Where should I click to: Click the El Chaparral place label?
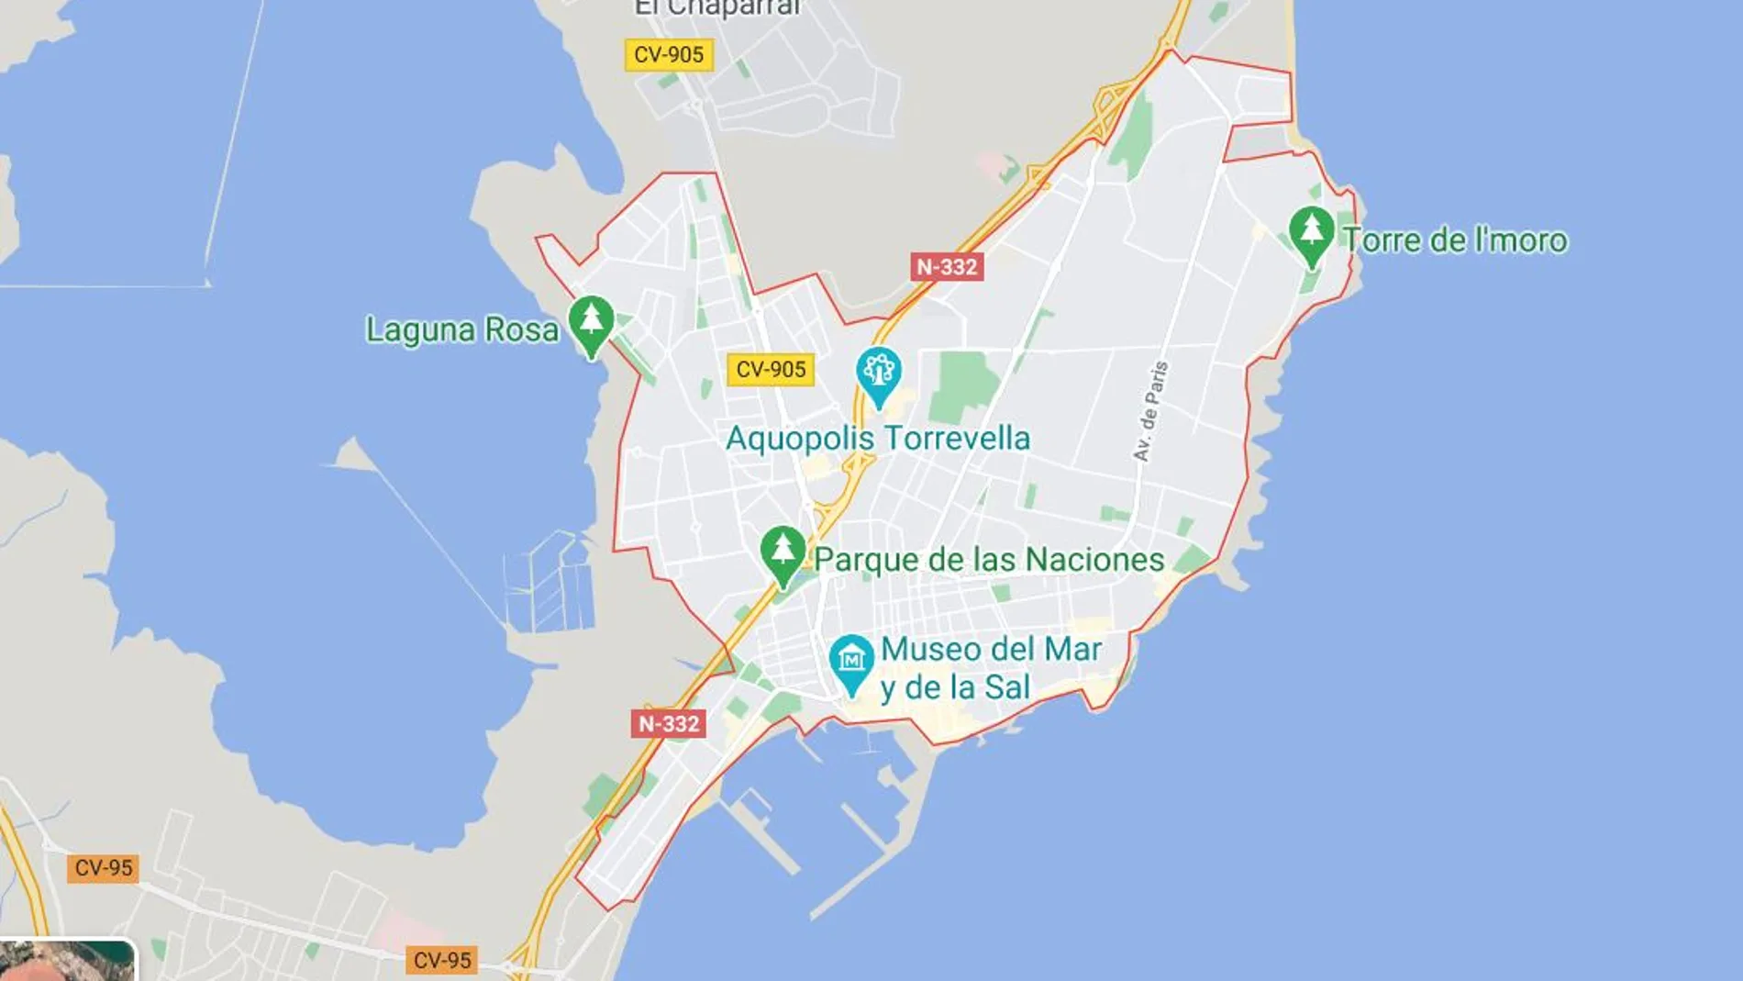(717, 8)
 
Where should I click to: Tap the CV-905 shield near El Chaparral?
(669, 55)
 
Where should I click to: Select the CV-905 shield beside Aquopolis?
(771, 370)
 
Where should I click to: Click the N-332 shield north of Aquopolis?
(947, 267)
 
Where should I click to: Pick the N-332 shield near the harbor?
(669, 724)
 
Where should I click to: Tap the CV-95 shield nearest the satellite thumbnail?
(103, 868)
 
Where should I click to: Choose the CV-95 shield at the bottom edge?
(441, 961)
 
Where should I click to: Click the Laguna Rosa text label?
(461, 329)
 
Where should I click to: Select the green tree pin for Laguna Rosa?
(592, 323)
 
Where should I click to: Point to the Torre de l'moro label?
(1455, 240)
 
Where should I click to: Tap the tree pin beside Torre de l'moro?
(1311, 233)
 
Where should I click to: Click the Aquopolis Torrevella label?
(878, 439)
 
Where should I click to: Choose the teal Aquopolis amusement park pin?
(879, 373)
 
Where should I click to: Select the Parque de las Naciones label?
(989, 560)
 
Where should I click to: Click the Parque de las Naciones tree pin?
(783, 552)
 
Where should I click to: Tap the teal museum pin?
(851, 662)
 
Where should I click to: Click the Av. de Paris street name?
(1150, 411)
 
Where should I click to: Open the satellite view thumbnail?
(67, 961)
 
